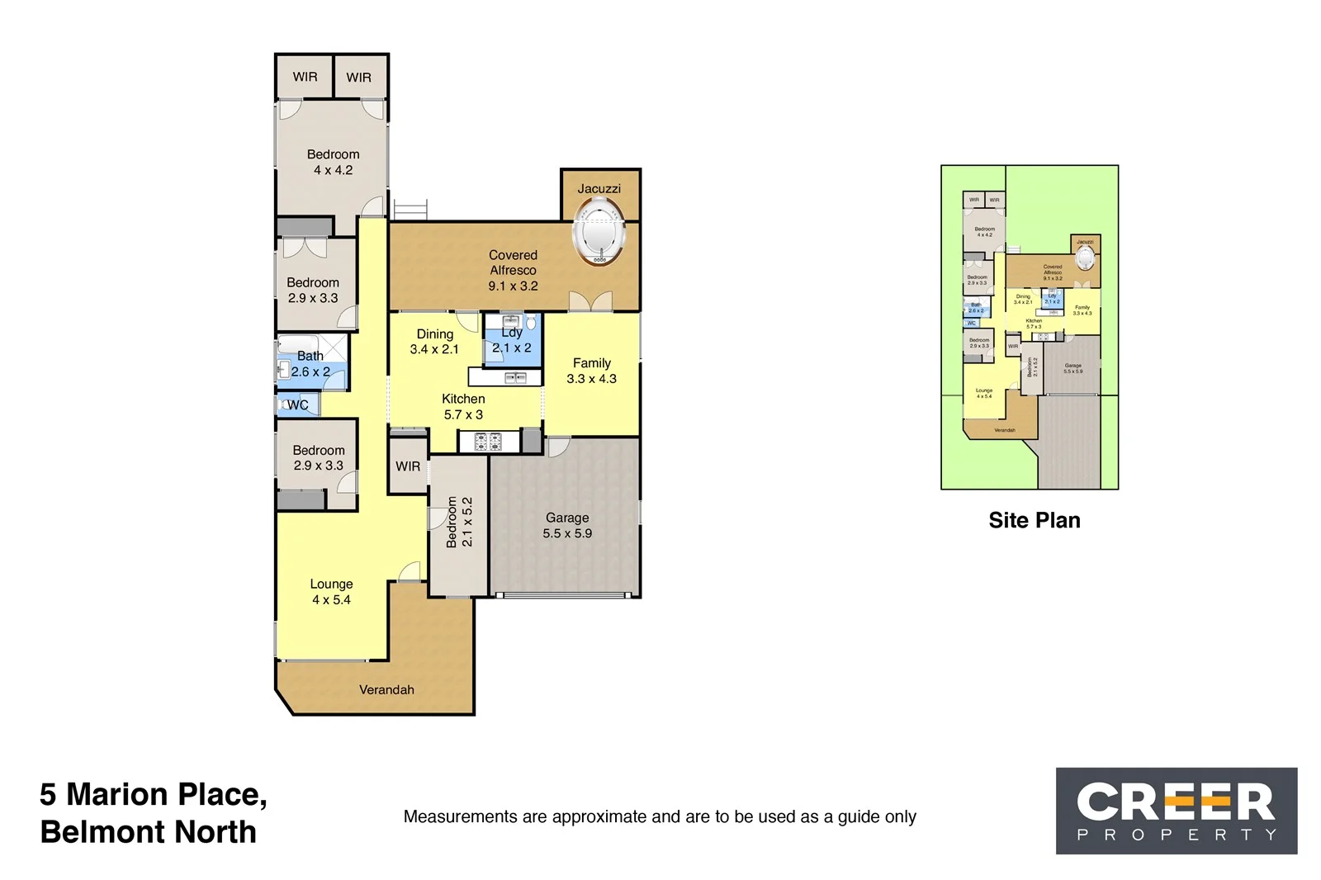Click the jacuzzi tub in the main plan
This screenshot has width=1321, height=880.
pyautogui.click(x=600, y=232)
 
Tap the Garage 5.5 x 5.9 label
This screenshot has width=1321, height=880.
pyautogui.click(x=567, y=525)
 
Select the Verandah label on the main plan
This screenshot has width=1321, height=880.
pyautogui.click(x=386, y=689)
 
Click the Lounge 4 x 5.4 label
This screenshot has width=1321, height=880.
pyautogui.click(x=331, y=592)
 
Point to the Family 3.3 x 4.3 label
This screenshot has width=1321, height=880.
pyautogui.click(x=591, y=371)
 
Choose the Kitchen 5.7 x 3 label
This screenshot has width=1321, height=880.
pyautogui.click(x=463, y=406)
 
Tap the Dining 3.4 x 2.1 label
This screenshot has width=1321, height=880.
pyautogui.click(x=434, y=341)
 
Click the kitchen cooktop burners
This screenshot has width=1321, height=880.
pyautogui.click(x=488, y=442)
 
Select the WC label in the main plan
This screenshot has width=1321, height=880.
pyautogui.click(x=297, y=405)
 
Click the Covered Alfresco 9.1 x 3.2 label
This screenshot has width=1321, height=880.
pyautogui.click(x=513, y=270)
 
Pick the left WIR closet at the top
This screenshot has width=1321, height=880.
pyautogui.click(x=305, y=77)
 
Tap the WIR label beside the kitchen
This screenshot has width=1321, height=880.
pyautogui.click(x=408, y=466)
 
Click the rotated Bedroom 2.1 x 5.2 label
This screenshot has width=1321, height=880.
pyautogui.click(x=459, y=522)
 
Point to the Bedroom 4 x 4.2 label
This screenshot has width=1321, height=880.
pyautogui.click(x=333, y=162)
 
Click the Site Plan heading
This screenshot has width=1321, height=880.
pyautogui.click(x=1035, y=520)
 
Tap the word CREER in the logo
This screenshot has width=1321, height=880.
pyautogui.click(x=1176, y=802)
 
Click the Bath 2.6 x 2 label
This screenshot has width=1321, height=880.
pyautogui.click(x=310, y=363)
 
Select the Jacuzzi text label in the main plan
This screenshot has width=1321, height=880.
pyautogui.click(x=599, y=188)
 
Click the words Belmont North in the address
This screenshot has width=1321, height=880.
pyautogui.click(x=149, y=832)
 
